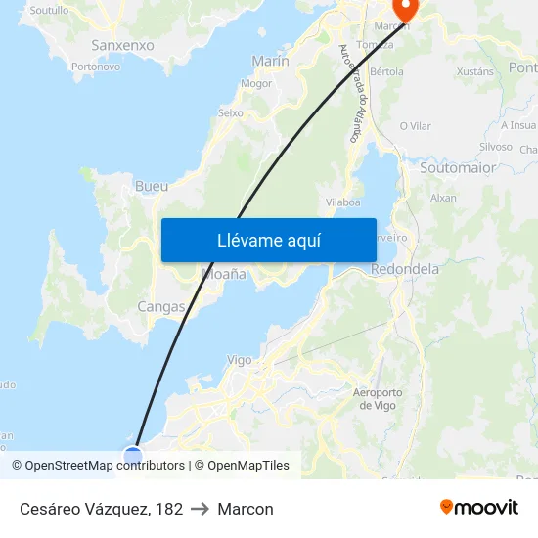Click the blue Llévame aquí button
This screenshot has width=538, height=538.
click(x=268, y=240)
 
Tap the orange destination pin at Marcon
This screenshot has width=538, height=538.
click(x=402, y=9)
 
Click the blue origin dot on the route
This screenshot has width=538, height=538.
click(x=133, y=454)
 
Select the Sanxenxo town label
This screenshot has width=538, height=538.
click(x=122, y=45)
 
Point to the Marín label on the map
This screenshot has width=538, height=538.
click(x=271, y=61)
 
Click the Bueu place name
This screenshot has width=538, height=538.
click(x=152, y=186)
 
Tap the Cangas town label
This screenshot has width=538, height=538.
click(x=161, y=306)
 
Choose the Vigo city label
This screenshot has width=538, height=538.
click(x=240, y=360)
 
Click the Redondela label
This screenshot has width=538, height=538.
click(x=406, y=269)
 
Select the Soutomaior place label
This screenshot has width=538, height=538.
click(x=457, y=167)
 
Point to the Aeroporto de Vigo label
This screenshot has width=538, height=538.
click(x=377, y=399)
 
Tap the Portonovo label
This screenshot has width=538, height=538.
click(x=96, y=67)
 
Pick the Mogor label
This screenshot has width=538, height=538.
click(x=256, y=83)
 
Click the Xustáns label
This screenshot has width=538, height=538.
click(x=475, y=71)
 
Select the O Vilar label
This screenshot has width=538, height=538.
click(x=415, y=126)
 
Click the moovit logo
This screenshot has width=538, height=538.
click(x=479, y=508)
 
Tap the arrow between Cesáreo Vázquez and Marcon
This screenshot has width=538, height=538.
click(x=201, y=509)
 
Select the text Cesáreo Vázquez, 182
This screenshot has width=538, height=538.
click(x=101, y=509)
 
